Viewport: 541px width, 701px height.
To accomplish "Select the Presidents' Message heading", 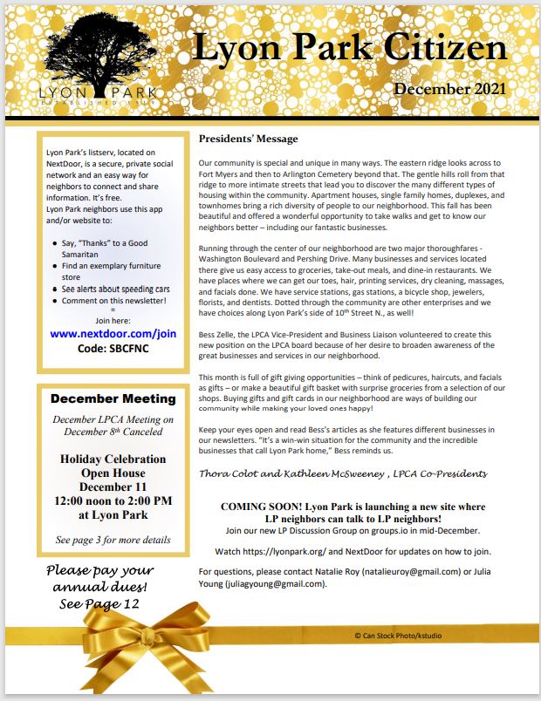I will pyautogui.click(x=249, y=139).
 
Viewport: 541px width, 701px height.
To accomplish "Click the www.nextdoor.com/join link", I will pyautogui.click(x=113, y=333).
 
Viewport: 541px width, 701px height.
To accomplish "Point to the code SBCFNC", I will pyautogui.click(x=113, y=349).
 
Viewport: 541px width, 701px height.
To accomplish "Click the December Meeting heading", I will pyautogui.click(x=113, y=398).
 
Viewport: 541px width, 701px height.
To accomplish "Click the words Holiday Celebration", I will pyautogui.click(x=113, y=459).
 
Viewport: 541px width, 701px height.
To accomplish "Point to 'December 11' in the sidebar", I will pyautogui.click(x=113, y=487).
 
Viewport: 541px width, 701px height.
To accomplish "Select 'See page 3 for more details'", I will pyautogui.click(x=113, y=540).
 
